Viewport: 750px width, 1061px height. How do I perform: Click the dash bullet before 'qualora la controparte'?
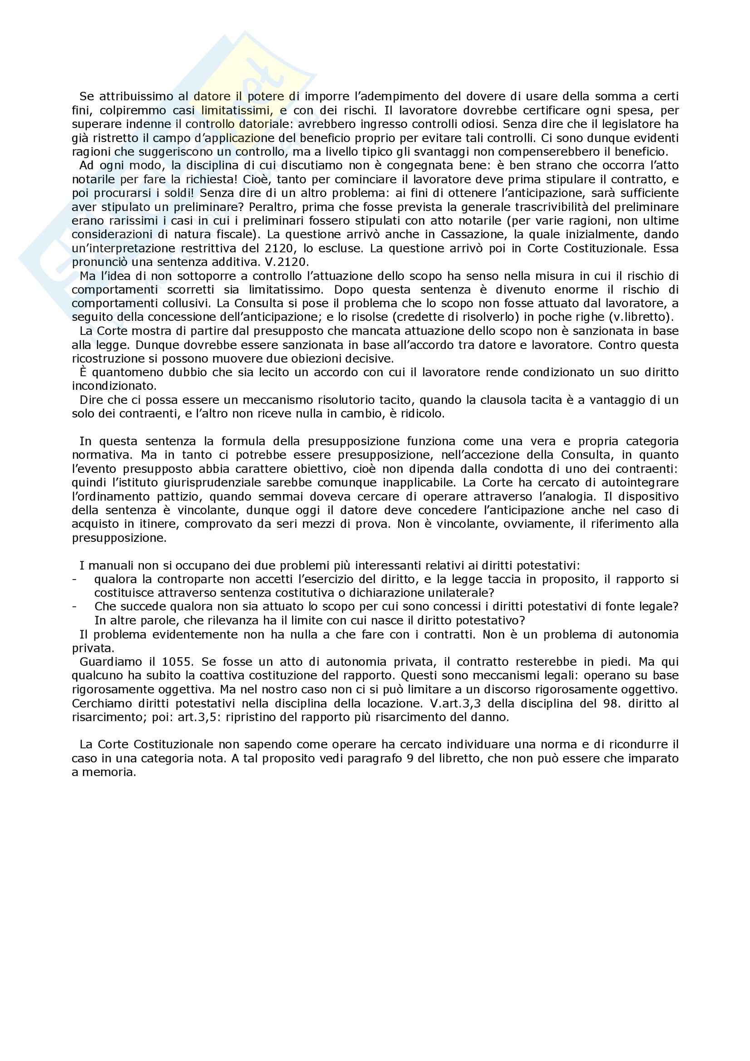[x=75, y=580]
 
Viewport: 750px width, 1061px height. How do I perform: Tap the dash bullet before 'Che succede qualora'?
[x=75, y=607]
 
